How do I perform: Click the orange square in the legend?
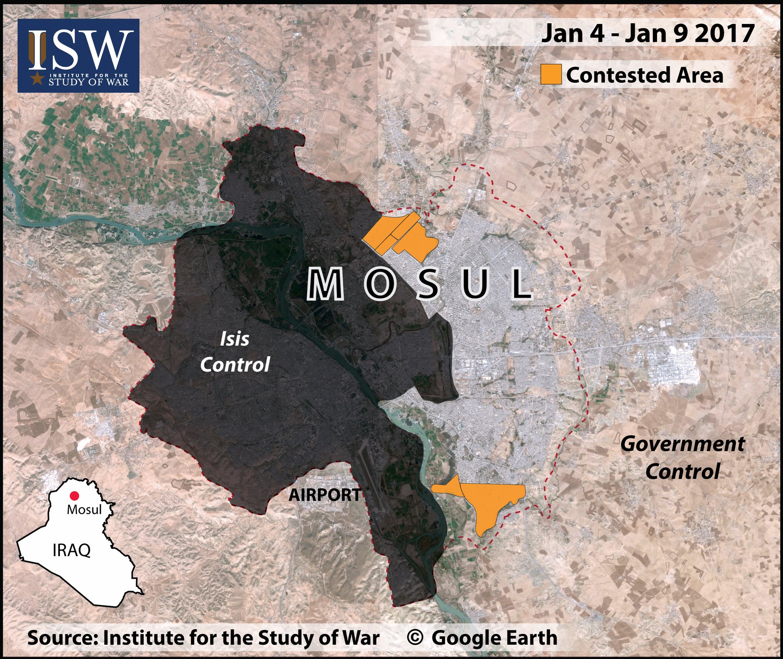tap(551, 74)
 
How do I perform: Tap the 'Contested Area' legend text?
tap(644, 75)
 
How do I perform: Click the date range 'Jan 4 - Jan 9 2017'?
tap(648, 33)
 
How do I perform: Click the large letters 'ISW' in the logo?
tap(79, 49)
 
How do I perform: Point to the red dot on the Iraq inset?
tap(74, 496)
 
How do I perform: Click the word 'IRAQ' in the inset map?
tap(71, 550)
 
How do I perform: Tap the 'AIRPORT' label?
tap(325, 495)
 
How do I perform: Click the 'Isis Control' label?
tap(235, 352)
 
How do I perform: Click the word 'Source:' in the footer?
tap(62, 638)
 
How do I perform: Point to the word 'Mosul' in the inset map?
tap(84, 509)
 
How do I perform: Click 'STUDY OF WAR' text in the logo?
tap(89, 82)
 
